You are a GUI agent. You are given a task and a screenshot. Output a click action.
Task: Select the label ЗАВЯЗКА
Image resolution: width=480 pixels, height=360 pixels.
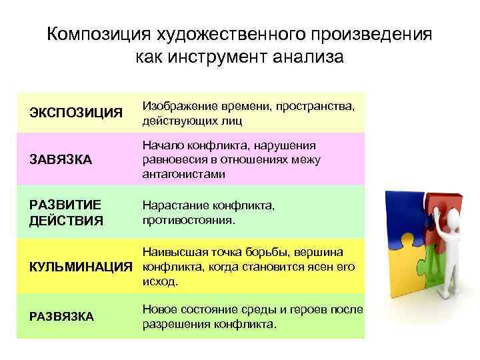pos(61,160)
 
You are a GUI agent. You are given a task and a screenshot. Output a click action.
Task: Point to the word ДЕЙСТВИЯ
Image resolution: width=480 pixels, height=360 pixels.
pos(66,220)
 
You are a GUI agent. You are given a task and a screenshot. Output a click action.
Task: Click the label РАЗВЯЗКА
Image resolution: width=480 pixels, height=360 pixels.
pos(61,317)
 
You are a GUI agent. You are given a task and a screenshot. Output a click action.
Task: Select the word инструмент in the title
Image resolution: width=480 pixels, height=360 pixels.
pos(221,58)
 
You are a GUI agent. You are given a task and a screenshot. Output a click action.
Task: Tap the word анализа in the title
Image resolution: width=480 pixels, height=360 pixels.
pos(308,58)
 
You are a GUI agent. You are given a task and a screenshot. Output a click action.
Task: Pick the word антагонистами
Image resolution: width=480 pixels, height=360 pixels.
pos(184,175)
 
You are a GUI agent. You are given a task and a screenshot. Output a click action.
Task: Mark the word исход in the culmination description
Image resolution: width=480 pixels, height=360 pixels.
pos(159,282)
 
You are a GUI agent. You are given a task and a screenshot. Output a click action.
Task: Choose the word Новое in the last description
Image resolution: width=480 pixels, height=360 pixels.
pos(159,310)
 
